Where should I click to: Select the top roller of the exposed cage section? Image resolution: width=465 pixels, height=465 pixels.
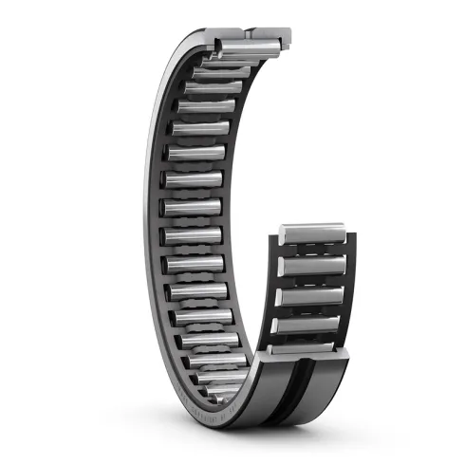(x=313, y=233)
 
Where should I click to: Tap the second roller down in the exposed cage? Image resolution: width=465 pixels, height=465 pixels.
(x=313, y=267)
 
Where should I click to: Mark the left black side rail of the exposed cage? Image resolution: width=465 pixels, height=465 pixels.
(x=275, y=285)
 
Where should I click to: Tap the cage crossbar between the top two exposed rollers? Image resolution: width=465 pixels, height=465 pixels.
(x=313, y=251)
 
